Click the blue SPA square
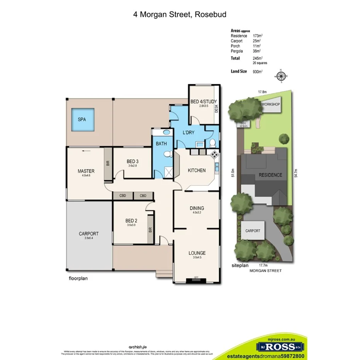click(x=82, y=120)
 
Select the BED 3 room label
click(x=132, y=161)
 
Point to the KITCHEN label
click(x=197, y=170)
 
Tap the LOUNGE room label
click(x=197, y=253)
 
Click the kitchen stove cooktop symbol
click(x=214, y=155)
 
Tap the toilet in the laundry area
click(x=212, y=143)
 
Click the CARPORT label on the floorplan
click(x=89, y=234)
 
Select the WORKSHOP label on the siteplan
click(x=270, y=105)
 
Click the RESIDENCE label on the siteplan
click(x=270, y=175)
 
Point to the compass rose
click(x=281, y=76)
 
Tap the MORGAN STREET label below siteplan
click(x=265, y=271)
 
